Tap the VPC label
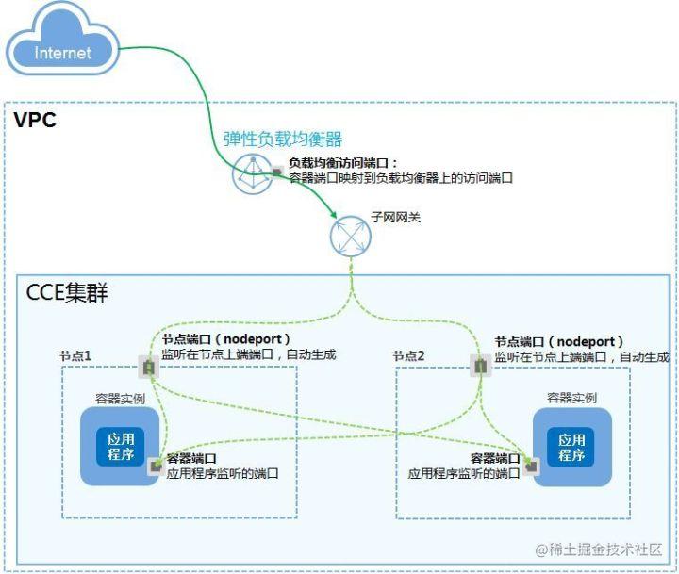pyautogui.click(x=35, y=120)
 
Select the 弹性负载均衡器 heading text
pyautogui.click(x=283, y=139)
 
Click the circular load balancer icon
pyautogui.click(x=253, y=174)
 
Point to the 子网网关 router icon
pyautogui.click(x=350, y=236)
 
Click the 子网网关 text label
pyautogui.click(x=396, y=217)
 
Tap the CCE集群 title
pyautogui.click(x=67, y=292)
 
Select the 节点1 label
pyautogui.click(x=75, y=356)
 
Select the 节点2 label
pyautogui.click(x=408, y=356)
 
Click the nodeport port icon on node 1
pyautogui.click(x=149, y=367)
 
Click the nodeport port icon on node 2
pyautogui.click(x=481, y=367)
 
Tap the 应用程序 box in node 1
pyautogui.click(x=121, y=447)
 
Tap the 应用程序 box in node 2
pyautogui.click(x=571, y=448)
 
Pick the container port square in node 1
pyautogui.click(x=156, y=467)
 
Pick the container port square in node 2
pyautogui.click(x=531, y=467)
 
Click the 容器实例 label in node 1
pyautogui.click(x=120, y=399)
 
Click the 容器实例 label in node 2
pyautogui.click(x=571, y=398)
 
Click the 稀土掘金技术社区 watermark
pyautogui.click(x=600, y=549)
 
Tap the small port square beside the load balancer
pyautogui.click(x=277, y=172)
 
